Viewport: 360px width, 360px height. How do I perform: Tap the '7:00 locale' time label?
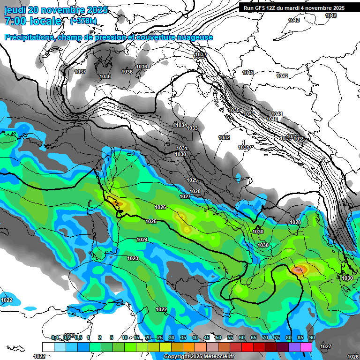point(33,21)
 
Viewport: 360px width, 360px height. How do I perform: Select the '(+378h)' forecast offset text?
point(83,21)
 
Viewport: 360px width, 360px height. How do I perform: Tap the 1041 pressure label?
point(277,114)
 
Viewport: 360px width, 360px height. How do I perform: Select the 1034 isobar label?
point(181,125)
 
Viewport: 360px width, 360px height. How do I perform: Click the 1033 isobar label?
point(192,128)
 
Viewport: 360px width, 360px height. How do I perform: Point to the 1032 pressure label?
point(224,137)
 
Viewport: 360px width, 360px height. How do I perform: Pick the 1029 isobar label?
point(192,180)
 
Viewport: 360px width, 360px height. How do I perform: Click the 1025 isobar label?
point(151,221)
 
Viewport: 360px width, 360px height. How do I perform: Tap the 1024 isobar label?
point(142,240)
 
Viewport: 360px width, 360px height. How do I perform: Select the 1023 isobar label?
point(133,258)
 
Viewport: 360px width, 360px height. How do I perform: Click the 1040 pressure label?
point(272,119)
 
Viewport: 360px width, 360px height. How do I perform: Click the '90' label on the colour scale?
point(312,337)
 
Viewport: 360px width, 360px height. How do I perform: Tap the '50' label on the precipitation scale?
point(218,337)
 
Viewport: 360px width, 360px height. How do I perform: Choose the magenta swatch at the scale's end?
point(307,347)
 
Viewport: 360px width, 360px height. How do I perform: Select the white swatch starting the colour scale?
point(48,347)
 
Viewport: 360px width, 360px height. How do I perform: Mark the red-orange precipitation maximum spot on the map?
point(298,270)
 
